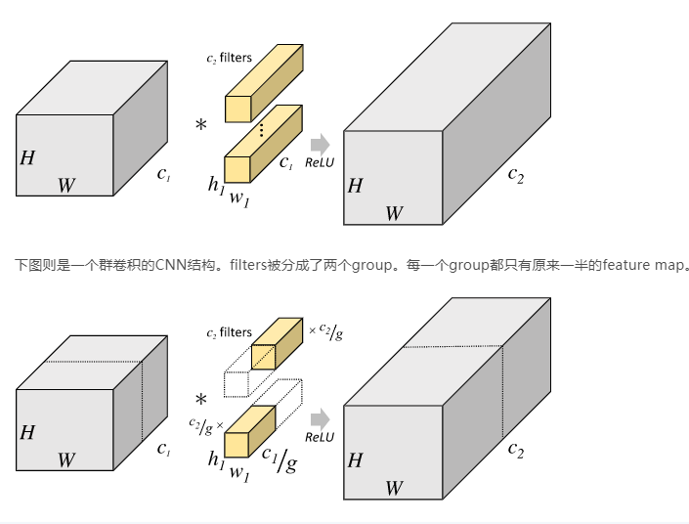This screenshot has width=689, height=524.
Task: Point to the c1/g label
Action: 279,457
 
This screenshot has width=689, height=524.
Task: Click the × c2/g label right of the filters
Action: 326,332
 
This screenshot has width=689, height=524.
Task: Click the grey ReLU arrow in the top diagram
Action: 319,144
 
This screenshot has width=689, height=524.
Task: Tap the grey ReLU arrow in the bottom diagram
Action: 319,419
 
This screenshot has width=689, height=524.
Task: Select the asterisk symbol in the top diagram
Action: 201,126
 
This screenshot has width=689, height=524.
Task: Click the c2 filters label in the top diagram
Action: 229,59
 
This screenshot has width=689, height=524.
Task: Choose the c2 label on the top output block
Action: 515,176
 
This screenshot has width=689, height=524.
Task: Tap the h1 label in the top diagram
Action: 216,183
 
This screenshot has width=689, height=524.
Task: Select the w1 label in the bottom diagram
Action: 239,472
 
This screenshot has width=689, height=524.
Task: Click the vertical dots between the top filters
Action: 261,129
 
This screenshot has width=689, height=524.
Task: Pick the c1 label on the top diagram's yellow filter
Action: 286,163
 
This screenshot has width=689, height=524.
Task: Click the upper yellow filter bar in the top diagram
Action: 265,83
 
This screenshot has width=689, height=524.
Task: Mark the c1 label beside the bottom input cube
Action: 164,450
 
